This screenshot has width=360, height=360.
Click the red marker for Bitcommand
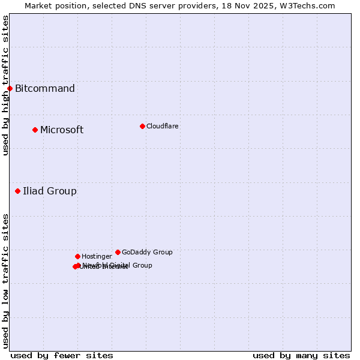[x=10, y=89]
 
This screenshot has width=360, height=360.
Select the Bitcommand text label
[x=45, y=89]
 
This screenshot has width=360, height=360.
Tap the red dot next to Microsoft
[x=35, y=130]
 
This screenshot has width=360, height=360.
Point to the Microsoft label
[x=62, y=130]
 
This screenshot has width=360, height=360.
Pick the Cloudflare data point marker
[x=142, y=126]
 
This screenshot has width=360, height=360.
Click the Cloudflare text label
[x=162, y=126]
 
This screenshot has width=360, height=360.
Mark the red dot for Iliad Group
[x=17, y=191]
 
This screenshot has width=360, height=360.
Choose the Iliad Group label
[x=50, y=191]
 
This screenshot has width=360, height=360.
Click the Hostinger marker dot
[x=77, y=256]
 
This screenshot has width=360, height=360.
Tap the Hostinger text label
[x=97, y=256]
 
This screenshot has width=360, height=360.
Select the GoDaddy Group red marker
[x=118, y=252]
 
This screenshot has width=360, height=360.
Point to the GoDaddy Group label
[x=147, y=252]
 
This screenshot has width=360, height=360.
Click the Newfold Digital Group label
[x=120, y=265]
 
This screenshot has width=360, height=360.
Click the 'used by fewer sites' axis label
[x=62, y=355]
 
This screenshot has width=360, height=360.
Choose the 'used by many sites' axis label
[x=301, y=355]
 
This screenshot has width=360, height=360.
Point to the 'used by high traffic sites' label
[x=5, y=85]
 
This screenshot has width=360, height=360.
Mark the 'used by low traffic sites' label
[x=5, y=281]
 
